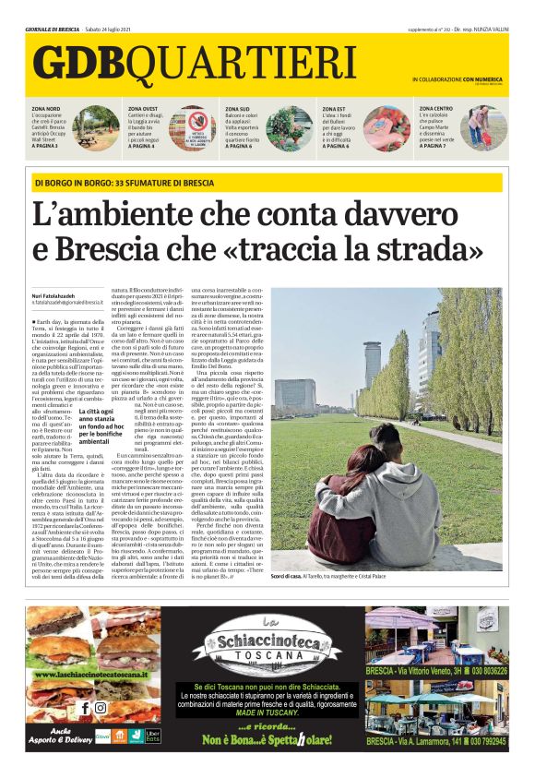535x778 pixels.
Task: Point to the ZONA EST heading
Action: pyautogui.click(x=335, y=109)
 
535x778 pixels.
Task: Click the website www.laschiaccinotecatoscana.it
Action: pyautogui.click(x=89, y=675)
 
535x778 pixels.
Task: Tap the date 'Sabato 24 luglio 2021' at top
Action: pyautogui.click(x=113, y=29)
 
